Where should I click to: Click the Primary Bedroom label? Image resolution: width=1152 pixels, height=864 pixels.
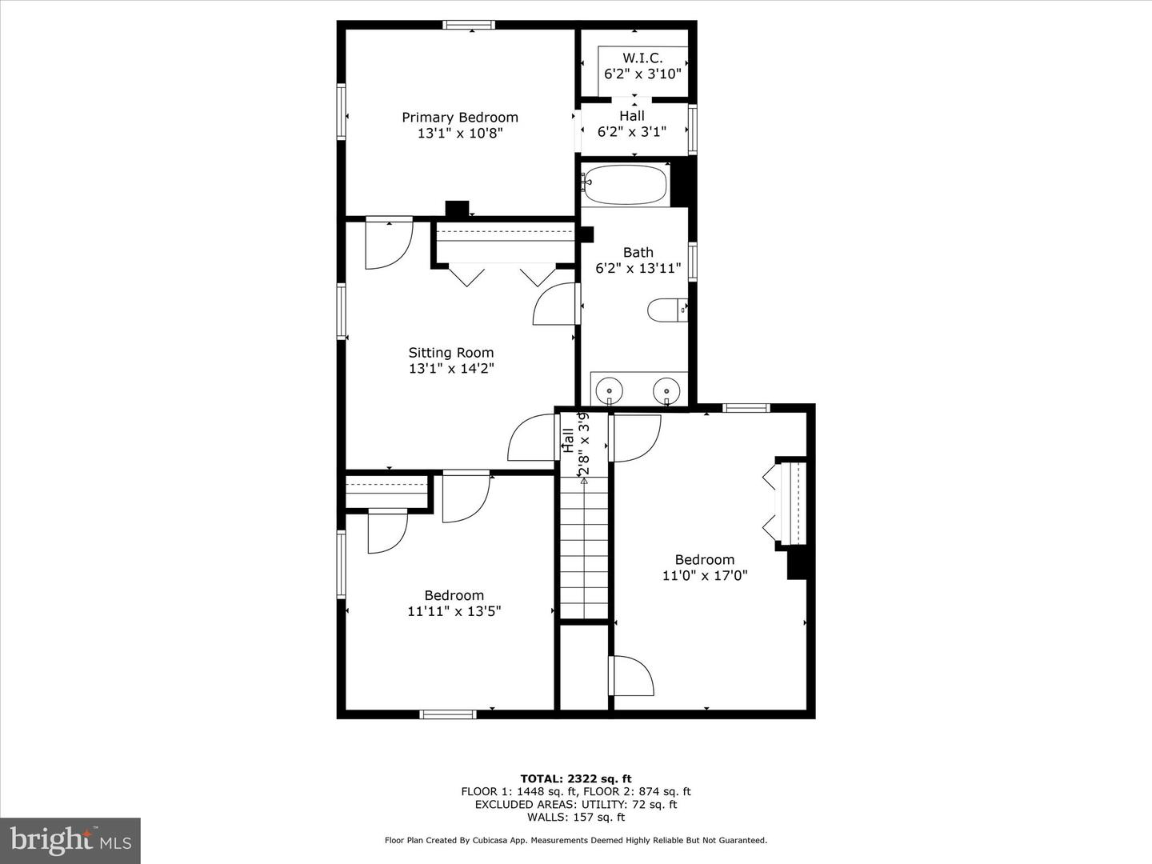tap(459, 118)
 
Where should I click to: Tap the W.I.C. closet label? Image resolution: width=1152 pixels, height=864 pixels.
tap(642, 58)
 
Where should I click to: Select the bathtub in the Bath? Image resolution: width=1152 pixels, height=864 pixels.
tap(624, 185)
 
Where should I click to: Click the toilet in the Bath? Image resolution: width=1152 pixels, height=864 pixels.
tap(666, 310)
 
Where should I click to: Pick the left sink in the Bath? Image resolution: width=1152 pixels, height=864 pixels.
tap(610, 390)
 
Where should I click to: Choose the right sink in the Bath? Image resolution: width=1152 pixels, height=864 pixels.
tap(666, 390)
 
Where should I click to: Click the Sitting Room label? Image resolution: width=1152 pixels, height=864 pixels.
tap(451, 353)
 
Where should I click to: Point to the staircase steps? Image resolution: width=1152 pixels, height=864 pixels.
tap(584, 552)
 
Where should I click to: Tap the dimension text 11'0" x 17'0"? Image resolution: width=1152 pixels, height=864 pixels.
tap(704, 575)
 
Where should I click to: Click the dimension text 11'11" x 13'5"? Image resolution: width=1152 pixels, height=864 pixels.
tap(454, 611)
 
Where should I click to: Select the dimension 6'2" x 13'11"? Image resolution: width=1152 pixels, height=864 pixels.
tap(638, 269)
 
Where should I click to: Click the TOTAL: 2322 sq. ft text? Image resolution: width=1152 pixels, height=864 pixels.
tap(575, 778)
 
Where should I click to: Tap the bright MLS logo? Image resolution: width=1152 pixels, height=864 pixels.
tap(70, 841)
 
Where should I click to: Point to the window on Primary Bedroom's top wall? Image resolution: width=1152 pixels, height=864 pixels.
tap(470, 25)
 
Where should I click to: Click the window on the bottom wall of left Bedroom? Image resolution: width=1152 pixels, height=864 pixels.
tap(448, 714)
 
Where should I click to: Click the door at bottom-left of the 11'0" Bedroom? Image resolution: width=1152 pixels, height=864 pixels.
tap(631, 677)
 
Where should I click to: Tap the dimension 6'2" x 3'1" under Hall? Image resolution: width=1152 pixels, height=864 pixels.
tap(631, 132)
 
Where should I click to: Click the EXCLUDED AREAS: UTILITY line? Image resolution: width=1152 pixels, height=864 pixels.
tap(575, 804)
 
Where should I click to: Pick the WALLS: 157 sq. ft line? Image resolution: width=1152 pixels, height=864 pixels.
tap(575, 817)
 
